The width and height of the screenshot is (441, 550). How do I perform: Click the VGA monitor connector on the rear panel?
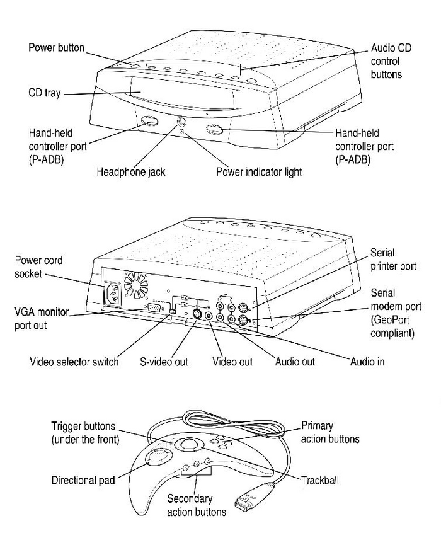pos(153,307)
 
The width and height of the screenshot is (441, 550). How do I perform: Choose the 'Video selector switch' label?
pos(74,362)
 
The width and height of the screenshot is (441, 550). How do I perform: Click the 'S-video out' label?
pos(164,362)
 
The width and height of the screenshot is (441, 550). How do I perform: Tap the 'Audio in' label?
pos(367,362)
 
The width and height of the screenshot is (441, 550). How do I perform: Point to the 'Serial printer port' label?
pos(393,259)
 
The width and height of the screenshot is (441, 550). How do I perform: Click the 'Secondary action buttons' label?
pos(196,505)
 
